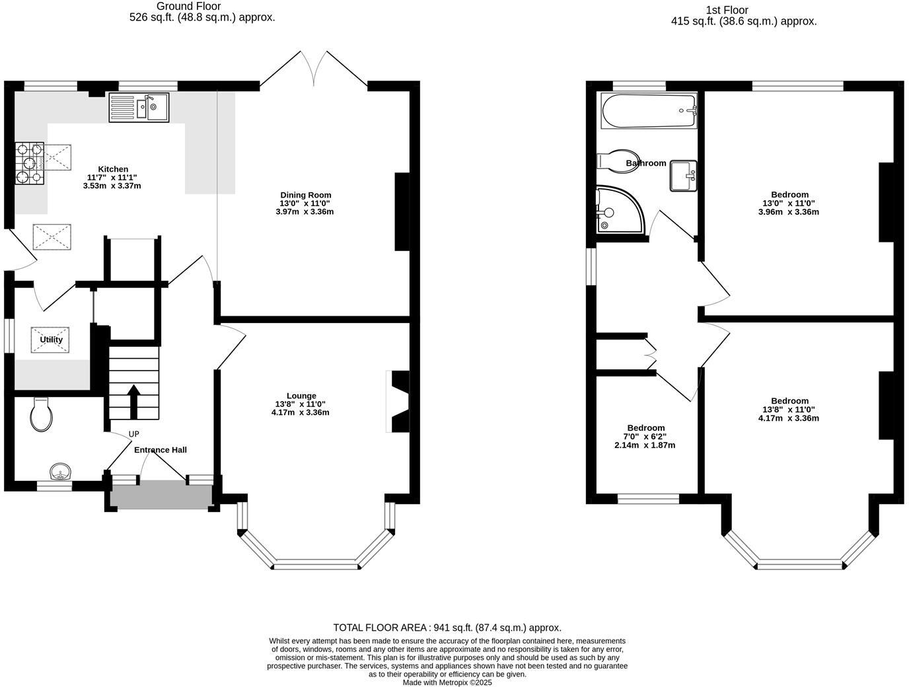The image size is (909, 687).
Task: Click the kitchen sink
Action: tap(139, 108)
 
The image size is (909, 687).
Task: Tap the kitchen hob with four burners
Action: tap(29, 163)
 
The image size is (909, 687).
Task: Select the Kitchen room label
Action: tap(113, 169)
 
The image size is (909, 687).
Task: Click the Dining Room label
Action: tap(305, 195)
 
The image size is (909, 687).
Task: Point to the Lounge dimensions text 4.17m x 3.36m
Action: tap(300, 413)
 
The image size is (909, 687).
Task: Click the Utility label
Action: tap(51, 340)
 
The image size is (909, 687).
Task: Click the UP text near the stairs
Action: tap(134, 434)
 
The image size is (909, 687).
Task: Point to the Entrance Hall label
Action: tap(161, 450)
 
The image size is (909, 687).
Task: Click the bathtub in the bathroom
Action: tap(648, 110)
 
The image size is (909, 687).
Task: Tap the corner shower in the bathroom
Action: tap(617, 210)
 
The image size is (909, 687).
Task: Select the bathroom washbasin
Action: tap(683, 176)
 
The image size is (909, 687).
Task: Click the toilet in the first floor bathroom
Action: tap(614, 161)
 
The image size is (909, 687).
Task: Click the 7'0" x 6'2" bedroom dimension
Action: tap(645, 437)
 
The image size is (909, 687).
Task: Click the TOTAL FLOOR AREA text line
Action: tap(447, 628)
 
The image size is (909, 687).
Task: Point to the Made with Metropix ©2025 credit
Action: tap(447, 682)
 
